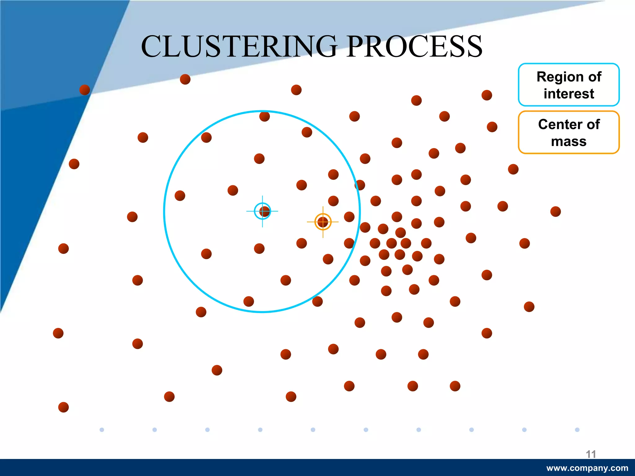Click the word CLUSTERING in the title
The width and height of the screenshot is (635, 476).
click(x=239, y=46)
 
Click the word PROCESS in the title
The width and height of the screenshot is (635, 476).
click(x=414, y=46)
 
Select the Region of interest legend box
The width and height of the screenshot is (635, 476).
click(x=568, y=85)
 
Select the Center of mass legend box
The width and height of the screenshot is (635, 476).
click(x=568, y=132)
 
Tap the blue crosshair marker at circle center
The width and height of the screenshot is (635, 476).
click(x=262, y=211)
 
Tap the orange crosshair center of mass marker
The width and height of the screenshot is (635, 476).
click(x=323, y=222)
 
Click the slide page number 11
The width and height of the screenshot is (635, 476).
click(x=591, y=454)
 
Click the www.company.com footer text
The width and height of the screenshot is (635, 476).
click(x=587, y=468)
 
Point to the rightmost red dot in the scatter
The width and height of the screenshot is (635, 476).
click(x=555, y=212)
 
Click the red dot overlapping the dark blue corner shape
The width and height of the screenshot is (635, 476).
click(x=85, y=90)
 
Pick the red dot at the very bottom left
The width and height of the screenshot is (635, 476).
click(x=64, y=407)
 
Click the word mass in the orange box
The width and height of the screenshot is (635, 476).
click(x=568, y=141)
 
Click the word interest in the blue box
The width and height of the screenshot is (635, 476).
click(x=568, y=94)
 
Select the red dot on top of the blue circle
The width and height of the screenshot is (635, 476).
click(x=264, y=117)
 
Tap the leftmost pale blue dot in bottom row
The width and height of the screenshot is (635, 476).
click(x=102, y=430)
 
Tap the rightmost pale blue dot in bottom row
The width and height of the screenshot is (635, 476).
click(x=577, y=430)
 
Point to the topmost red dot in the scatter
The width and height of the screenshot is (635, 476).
click(x=185, y=79)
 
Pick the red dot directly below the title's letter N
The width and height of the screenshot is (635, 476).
click(x=296, y=90)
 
